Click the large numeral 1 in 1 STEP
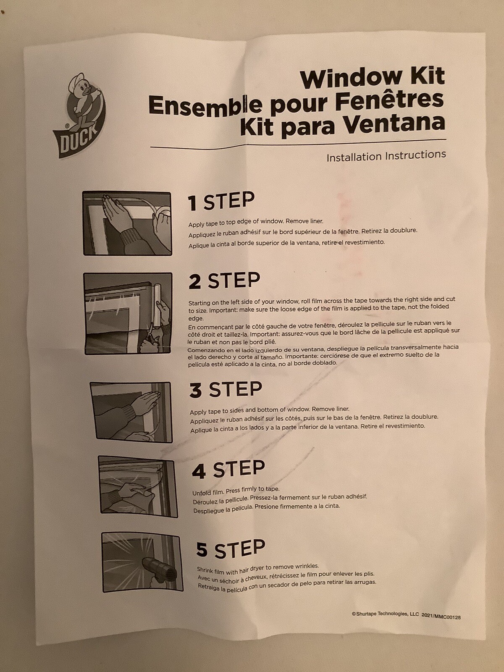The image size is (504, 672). click(193, 203)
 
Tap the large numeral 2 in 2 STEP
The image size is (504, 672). click(195, 282)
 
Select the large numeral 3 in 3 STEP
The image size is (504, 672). click(196, 391)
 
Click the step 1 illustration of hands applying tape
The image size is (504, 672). click(127, 223)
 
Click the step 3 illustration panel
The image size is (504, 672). click(131, 412)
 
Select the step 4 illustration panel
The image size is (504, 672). click(138, 488)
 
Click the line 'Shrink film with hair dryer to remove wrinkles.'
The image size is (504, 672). click(258, 568)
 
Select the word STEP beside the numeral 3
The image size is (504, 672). click(235, 389)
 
